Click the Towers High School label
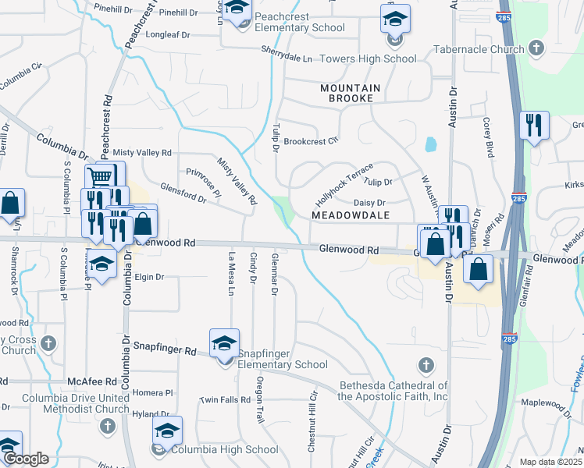point(379,58)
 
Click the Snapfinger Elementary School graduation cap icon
point(224,342)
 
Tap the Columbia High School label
point(224,449)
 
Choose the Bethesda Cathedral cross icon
point(426,364)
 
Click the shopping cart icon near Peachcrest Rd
point(99,176)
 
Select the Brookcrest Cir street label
point(311,141)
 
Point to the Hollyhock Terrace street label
point(344,184)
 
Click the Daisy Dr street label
point(370,202)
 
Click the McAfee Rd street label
point(91,381)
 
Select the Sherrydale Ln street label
point(285,58)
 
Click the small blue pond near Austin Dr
point(429,145)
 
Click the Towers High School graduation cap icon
point(395,17)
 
